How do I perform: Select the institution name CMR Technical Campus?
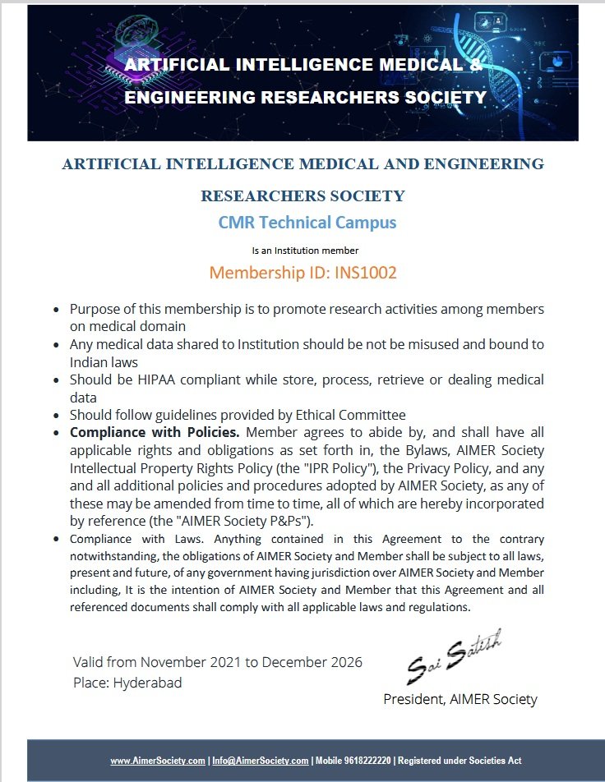[307, 223]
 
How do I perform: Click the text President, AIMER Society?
[460, 699]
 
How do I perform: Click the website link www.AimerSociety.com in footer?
[158, 761]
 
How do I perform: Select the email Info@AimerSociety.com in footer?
[261, 761]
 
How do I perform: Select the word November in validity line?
[174, 662]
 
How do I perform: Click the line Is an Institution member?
[305, 250]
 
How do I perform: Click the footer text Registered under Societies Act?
[461, 761]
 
